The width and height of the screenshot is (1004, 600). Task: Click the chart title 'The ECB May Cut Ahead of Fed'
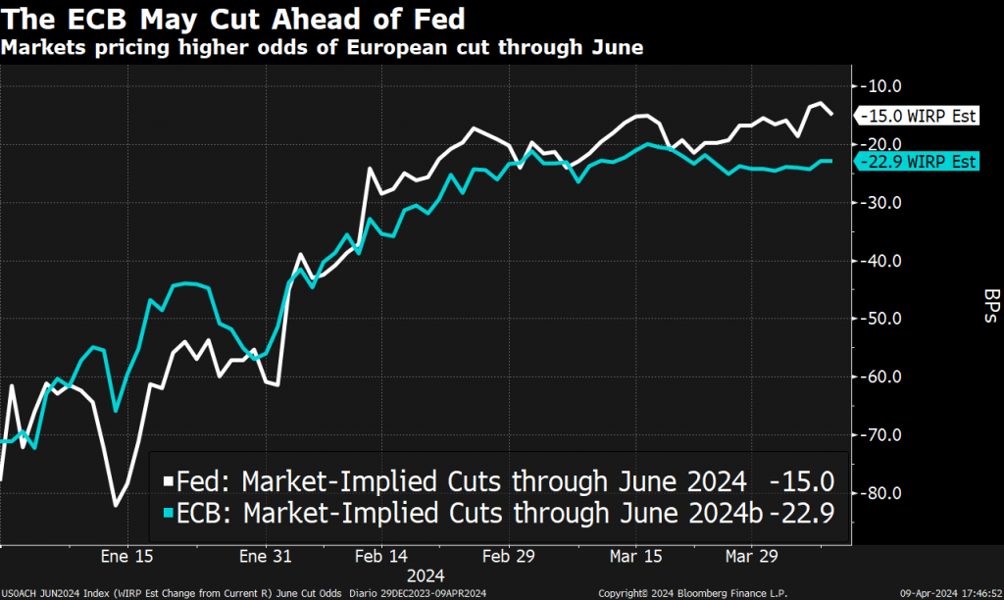(234, 19)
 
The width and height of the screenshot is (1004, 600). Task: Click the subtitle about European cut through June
(323, 47)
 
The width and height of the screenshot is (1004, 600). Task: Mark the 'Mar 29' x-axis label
(751, 557)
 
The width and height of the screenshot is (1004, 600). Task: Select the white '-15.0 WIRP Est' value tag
(920, 116)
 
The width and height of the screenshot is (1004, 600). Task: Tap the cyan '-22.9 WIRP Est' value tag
(920, 162)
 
